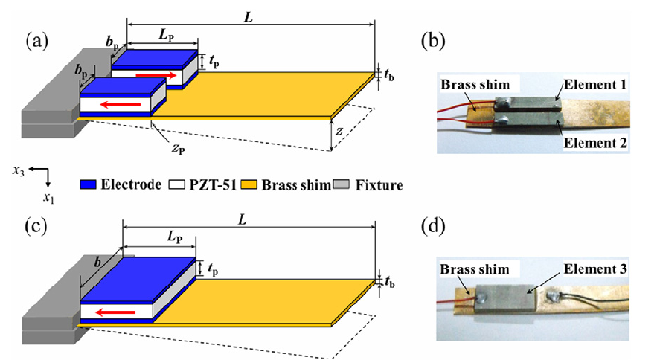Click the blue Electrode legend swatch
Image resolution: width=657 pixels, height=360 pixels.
point(89,184)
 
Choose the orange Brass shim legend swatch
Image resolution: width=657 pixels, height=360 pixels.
point(257,184)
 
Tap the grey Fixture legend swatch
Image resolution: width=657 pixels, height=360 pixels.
point(348,184)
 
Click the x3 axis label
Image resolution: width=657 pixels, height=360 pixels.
point(20,170)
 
